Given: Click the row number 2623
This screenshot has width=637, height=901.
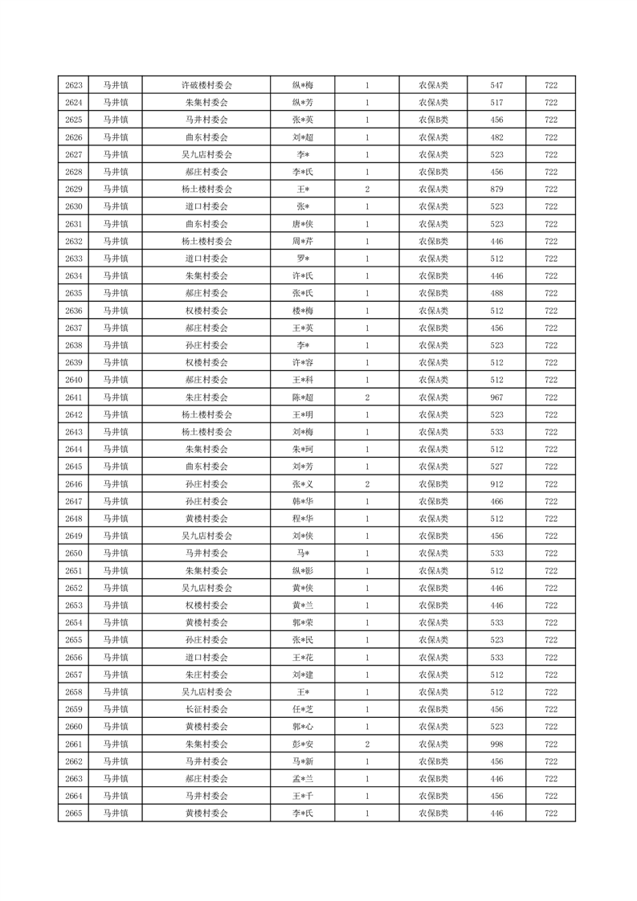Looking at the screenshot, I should coord(74,85).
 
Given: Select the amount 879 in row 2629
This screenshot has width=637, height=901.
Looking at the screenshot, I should coord(496,190).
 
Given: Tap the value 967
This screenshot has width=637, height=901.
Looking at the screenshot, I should coord(496,397).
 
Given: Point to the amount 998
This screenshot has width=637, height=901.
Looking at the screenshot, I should coord(496,744).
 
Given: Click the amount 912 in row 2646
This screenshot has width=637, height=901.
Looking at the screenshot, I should coord(496,484).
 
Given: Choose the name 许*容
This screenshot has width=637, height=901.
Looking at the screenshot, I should coord(303,363).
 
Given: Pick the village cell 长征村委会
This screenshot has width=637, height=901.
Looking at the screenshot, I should coord(206,710).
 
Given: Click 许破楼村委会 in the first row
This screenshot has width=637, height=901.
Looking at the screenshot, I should coord(206,85).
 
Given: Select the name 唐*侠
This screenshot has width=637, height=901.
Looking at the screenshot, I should coord(303,224).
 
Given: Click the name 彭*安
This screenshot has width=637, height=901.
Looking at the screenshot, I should coord(303,744).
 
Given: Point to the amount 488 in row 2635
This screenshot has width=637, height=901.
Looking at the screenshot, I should coord(496,293).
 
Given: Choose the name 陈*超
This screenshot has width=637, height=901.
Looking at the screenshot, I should coord(303,397).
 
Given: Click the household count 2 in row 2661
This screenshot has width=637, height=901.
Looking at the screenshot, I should coord(367,744).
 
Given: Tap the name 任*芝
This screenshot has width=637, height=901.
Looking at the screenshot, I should coord(303,710).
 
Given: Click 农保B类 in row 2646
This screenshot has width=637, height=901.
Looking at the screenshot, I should coord(434,484).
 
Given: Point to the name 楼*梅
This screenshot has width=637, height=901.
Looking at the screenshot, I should coord(303,311).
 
